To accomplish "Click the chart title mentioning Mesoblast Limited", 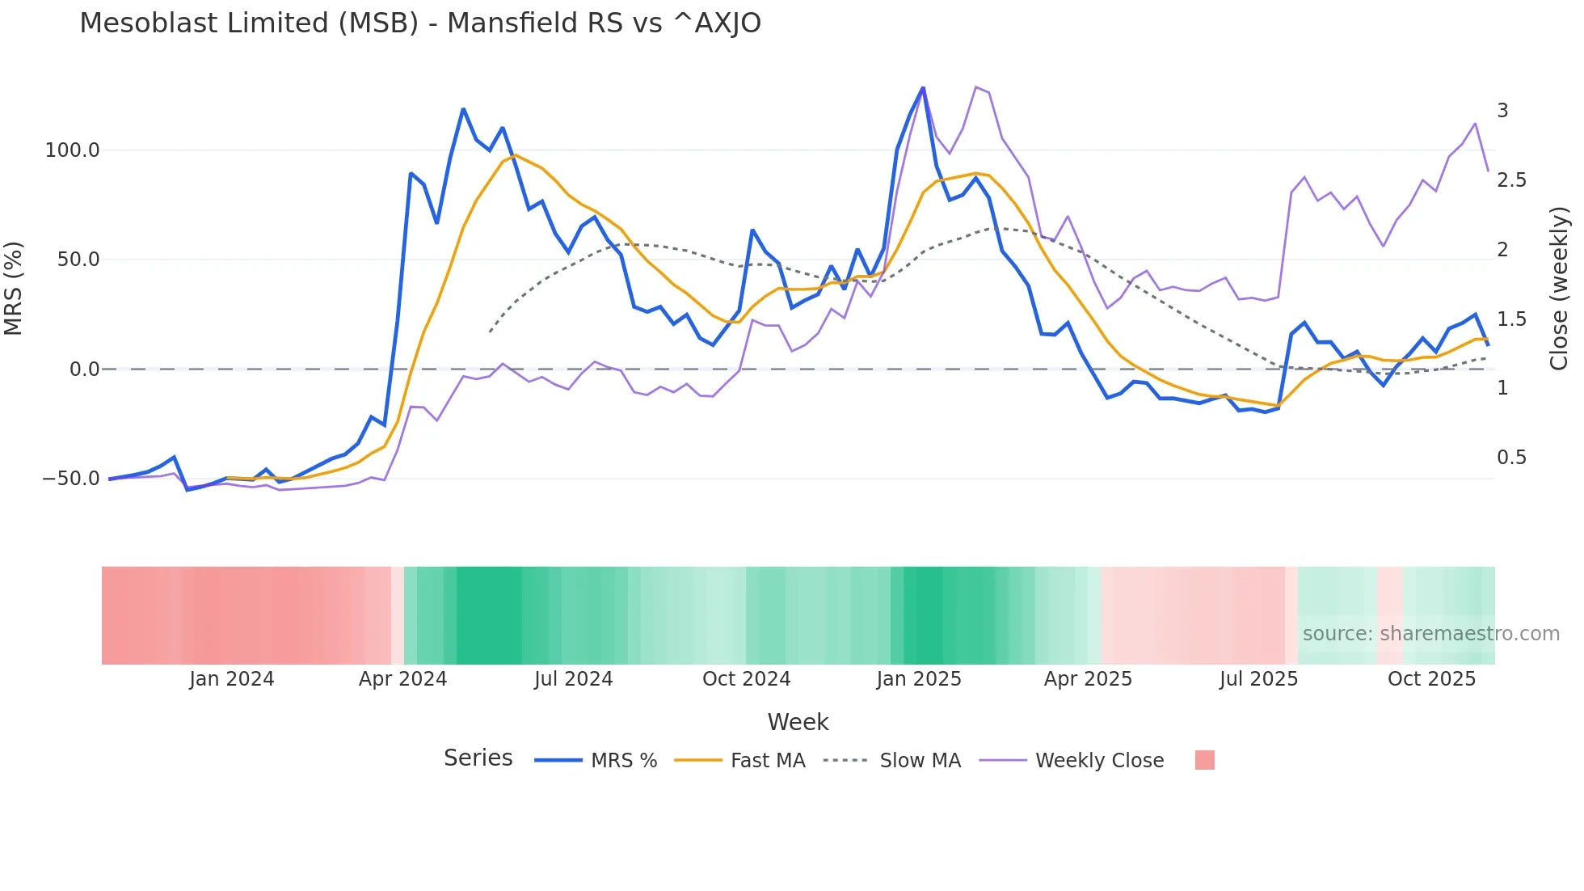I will click(x=420, y=23).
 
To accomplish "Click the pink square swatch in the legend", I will click(x=1204, y=760).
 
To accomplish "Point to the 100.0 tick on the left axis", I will click(x=73, y=150).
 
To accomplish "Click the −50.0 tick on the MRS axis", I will click(x=71, y=479).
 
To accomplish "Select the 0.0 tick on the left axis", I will click(x=84, y=369).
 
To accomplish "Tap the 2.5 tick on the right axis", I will click(x=1511, y=180).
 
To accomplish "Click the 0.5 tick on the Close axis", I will click(x=1511, y=458).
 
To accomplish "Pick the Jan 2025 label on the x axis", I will click(x=919, y=679).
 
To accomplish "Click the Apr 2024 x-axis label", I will click(x=402, y=679).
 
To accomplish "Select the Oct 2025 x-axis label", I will click(x=1431, y=679).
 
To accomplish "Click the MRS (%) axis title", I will click(x=14, y=288).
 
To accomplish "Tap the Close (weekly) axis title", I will click(x=1559, y=288).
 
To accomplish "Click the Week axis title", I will click(x=798, y=722).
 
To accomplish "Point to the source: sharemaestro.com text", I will click(x=1430, y=634).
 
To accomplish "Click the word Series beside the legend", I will click(x=478, y=758).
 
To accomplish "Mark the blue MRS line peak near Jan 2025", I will click(x=923, y=88).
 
